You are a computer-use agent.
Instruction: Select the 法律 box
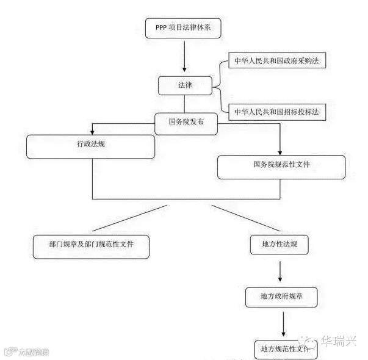tap(185, 85)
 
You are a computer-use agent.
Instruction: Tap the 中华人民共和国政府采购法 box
tap(275, 61)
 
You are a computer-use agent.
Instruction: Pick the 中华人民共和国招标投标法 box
tap(276, 111)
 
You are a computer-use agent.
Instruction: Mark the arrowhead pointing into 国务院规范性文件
tap(280, 151)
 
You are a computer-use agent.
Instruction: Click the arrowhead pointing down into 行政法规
tap(92, 132)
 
